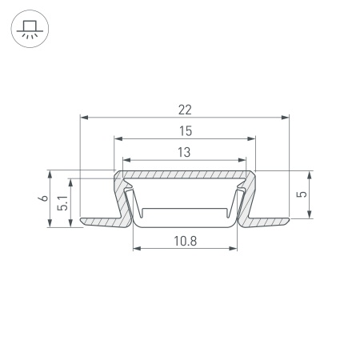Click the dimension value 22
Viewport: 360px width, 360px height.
(186, 108)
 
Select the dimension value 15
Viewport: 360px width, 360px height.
(186, 130)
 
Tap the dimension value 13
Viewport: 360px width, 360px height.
(186, 150)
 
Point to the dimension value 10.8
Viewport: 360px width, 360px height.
(186, 240)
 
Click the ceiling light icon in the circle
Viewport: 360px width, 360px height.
(30, 30)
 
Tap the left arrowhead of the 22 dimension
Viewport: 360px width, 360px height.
(84, 118)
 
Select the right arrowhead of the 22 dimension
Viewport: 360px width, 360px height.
(286, 118)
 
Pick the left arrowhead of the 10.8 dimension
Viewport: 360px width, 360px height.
(135, 249)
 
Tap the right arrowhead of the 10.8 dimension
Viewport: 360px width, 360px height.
(236, 249)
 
